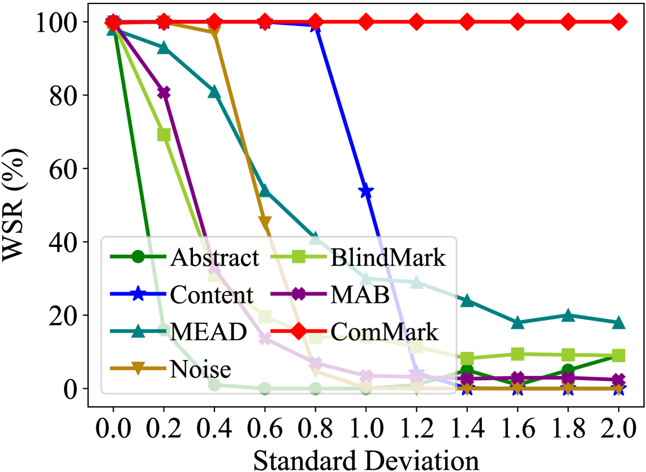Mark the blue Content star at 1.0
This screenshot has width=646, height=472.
tap(366, 191)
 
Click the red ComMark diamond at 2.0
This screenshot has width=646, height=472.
tap(619, 22)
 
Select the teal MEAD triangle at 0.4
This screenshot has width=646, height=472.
tap(214, 92)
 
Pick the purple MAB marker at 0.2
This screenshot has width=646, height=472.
tap(163, 93)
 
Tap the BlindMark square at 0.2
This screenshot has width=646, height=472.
tap(163, 135)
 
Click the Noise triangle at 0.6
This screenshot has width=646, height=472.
tap(265, 223)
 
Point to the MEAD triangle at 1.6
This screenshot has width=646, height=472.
tap(518, 322)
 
